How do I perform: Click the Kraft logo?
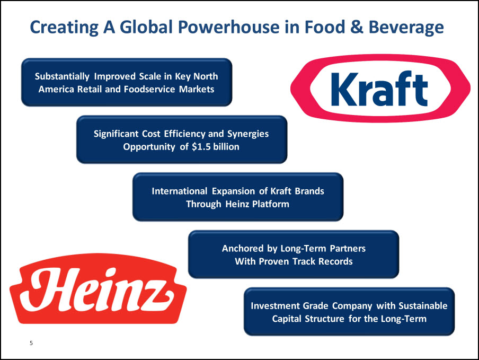(x=380, y=89)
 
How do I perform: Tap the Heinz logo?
(x=98, y=289)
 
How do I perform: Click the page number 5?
(x=31, y=343)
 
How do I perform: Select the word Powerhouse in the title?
(x=228, y=27)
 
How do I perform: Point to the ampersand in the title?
(x=357, y=27)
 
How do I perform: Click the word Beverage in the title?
(x=406, y=28)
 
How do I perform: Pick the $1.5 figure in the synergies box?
(x=201, y=147)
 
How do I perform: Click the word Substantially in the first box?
(x=62, y=76)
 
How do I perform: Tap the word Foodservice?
(x=149, y=89)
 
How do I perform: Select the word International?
(x=179, y=191)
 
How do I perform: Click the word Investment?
(x=274, y=306)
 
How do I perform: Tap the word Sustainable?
(x=423, y=306)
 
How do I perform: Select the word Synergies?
(x=248, y=134)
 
